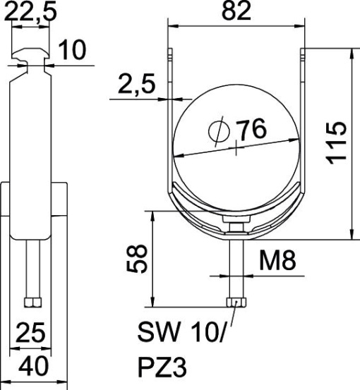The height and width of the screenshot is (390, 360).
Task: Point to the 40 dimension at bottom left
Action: (32, 367)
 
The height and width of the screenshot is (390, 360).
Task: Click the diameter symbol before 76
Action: (219, 131)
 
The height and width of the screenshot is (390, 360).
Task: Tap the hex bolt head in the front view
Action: (236, 303)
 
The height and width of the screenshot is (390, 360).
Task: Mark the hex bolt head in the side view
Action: (32, 303)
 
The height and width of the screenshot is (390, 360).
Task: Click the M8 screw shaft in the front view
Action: (236, 268)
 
